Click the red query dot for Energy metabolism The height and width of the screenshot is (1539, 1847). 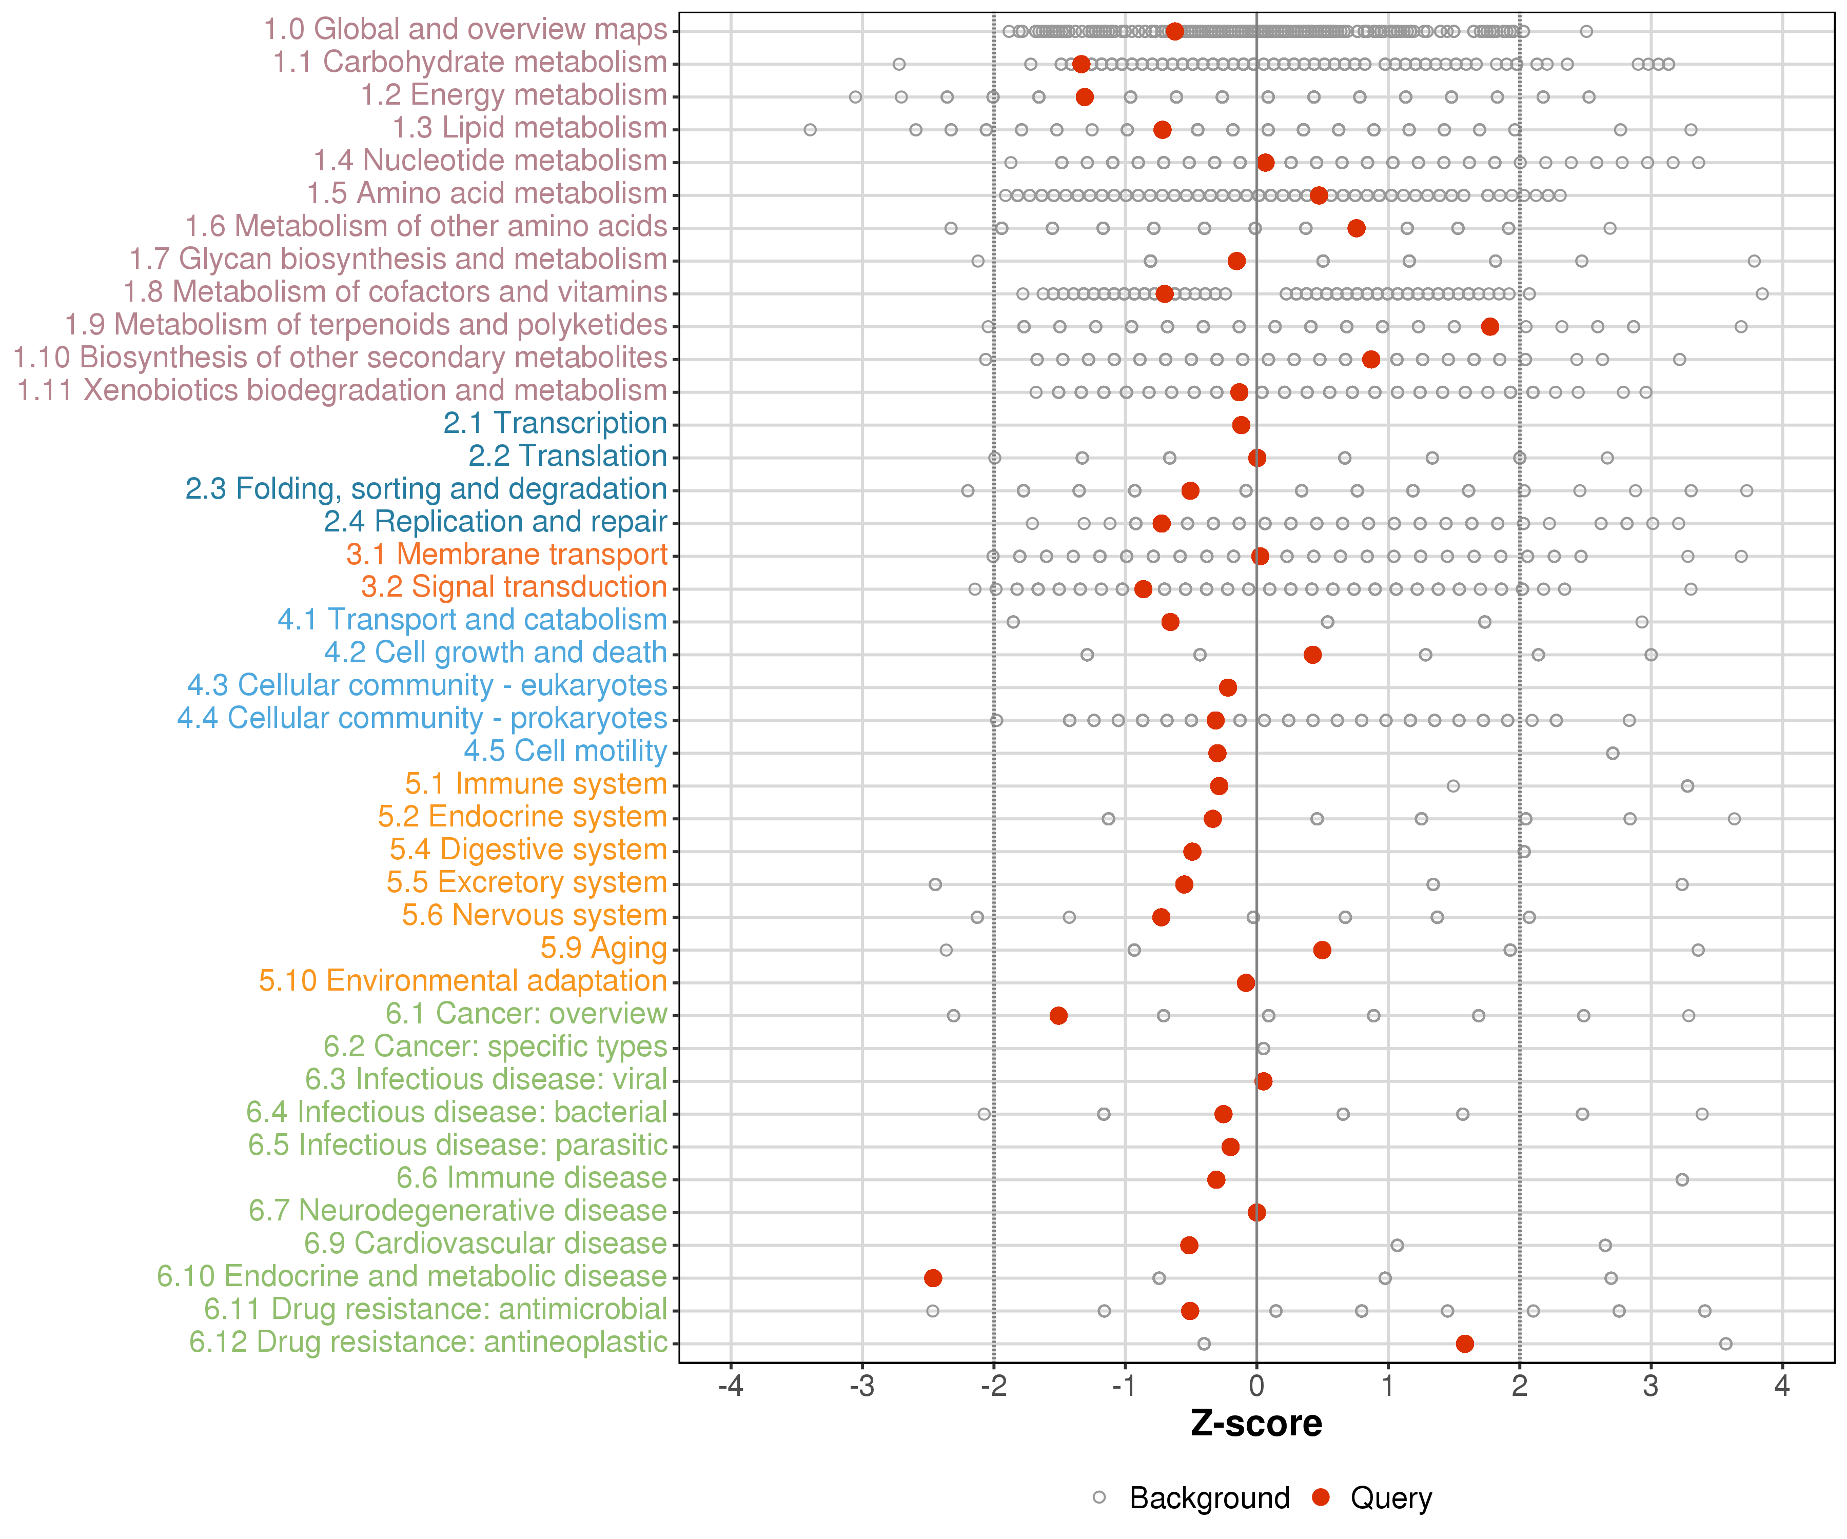(1085, 97)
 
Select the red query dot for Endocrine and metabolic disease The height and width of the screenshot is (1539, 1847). (933, 1278)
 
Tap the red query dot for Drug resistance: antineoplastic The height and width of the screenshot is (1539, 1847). (1464, 1343)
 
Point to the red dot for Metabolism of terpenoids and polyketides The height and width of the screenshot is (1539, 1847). (1490, 326)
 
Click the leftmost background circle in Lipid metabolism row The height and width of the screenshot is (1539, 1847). (810, 130)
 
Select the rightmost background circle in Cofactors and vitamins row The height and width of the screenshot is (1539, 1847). (1762, 294)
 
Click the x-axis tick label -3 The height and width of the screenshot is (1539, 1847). (862, 1387)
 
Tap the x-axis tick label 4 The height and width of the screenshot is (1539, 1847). (1782, 1387)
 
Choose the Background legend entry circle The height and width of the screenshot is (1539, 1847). (1099, 1497)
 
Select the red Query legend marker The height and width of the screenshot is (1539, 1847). (1320, 1497)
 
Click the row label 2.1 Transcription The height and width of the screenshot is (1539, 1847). (555, 423)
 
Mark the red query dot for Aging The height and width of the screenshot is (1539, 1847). (1322, 950)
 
